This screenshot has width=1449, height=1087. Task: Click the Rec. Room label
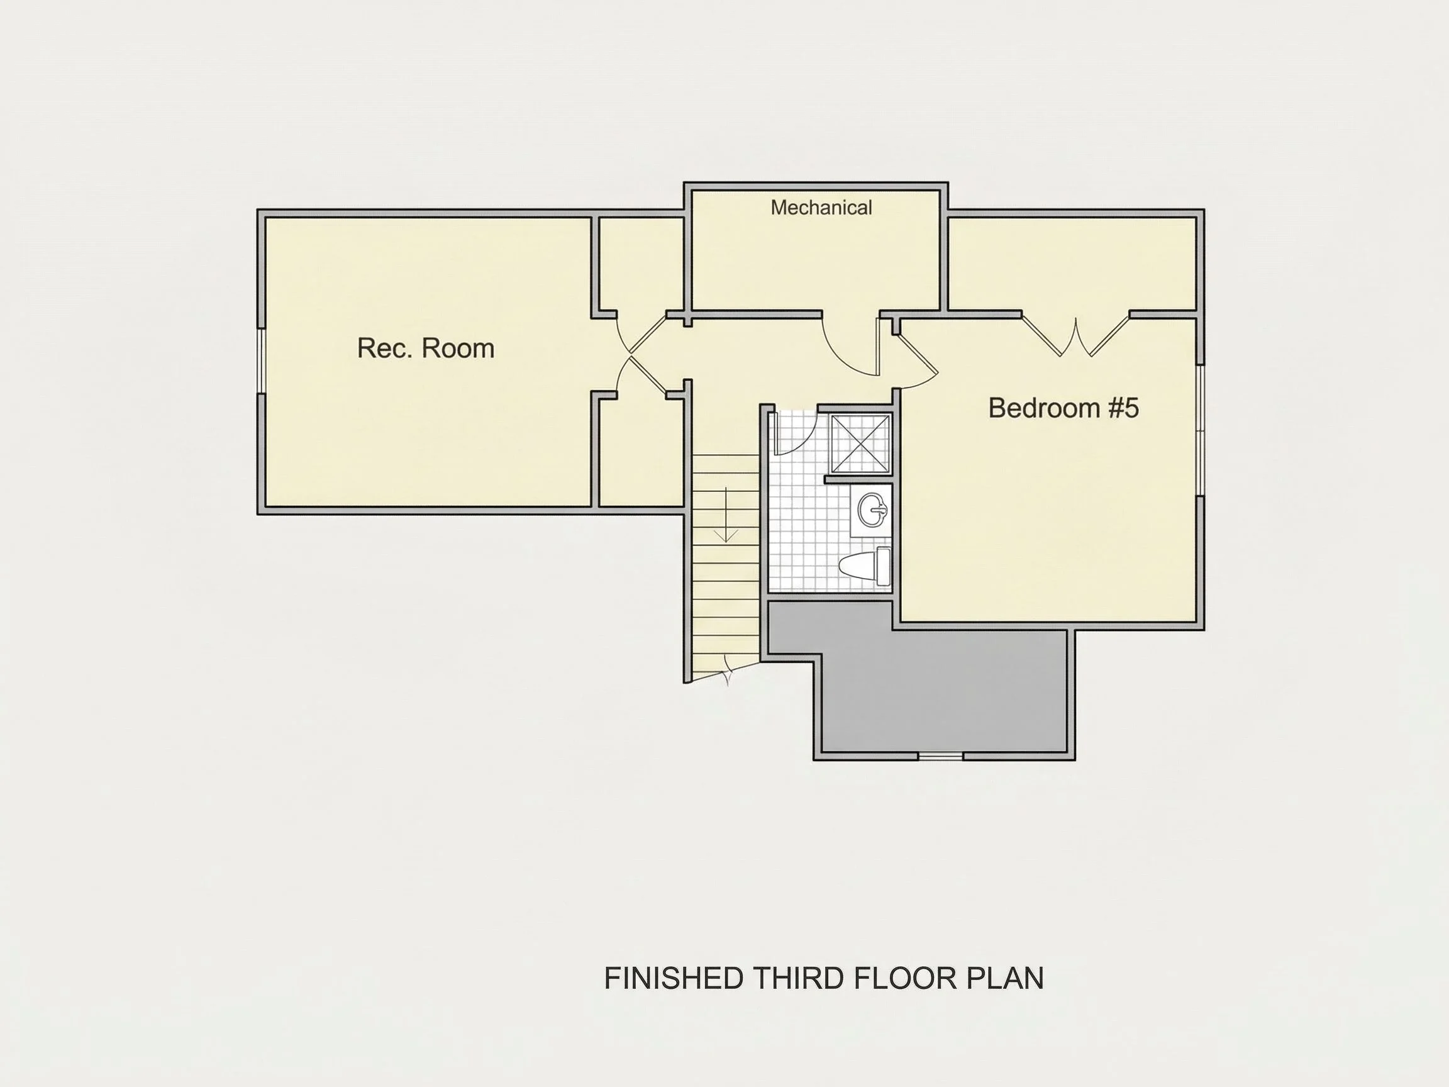(x=426, y=348)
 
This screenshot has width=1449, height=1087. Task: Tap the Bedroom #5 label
(x=1064, y=408)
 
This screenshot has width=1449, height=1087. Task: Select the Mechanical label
(x=821, y=208)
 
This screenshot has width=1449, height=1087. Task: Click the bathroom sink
(x=872, y=510)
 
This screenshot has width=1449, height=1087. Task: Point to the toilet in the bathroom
(x=865, y=567)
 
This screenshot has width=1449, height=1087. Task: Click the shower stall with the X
(x=861, y=443)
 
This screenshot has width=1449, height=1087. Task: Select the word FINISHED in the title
(x=674, y=978)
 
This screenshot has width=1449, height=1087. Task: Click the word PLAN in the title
(x=1006, y=978)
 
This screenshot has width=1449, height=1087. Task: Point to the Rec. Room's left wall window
(x=261, y=360)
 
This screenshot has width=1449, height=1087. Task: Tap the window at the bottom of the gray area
(x=940, y=756)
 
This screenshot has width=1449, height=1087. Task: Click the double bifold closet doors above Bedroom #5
(x=1075, y=336)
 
